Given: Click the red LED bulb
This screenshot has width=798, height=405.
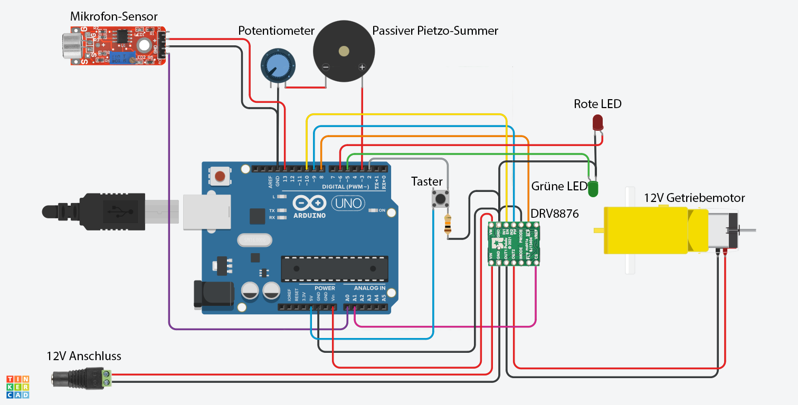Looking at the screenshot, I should pyautogui.click(x=597, y=122).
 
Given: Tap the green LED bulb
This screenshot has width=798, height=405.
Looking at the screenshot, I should pyautogui.click(x=593, y=188).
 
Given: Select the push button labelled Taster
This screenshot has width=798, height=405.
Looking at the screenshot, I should pyautogui.click(x=441, y=199).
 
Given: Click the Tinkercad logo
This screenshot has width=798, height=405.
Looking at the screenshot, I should pyautogui.click(x=17, y=387).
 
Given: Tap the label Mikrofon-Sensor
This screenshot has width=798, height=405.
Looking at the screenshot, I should pyautogui.click(x=113, y=17).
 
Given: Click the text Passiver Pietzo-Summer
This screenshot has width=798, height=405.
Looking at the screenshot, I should pyautogui.click(x=435, y=31).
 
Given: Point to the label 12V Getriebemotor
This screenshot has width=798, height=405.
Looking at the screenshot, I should pyautogui.click(x=694, y=198).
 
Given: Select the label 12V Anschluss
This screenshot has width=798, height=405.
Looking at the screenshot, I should pyautogui.click(x=84, y=356).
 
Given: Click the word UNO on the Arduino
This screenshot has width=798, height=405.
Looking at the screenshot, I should pyautogui.click(x=347, y=202).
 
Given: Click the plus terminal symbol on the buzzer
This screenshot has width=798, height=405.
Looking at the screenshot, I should pyautogui.click(x=362, y=67).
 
